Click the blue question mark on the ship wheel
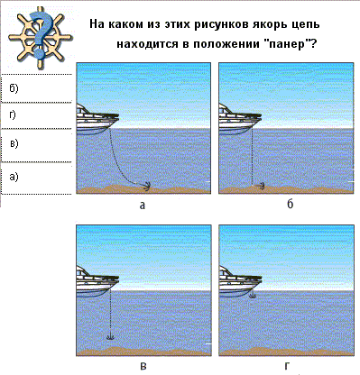click(x=40, y=33)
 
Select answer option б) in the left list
click(x=14, y=87)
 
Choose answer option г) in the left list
click(x=13, y=114)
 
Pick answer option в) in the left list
click(x=14, y=143)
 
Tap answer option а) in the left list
click(x=14, y=177)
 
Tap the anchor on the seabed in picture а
click(x=145, y=186)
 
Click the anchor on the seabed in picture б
click(x=260, y=187)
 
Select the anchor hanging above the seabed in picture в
click(x=110, y=336)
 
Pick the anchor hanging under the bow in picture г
click(x=253, y=295)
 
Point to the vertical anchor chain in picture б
click(x=252, y=156)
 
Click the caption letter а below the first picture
click(x=143, y=206)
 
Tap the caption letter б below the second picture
click(x=290, y=205)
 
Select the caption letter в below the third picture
click(x=143, y=367)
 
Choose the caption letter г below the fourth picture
click(x=287, y=366)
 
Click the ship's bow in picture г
click(x=254, y=280)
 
